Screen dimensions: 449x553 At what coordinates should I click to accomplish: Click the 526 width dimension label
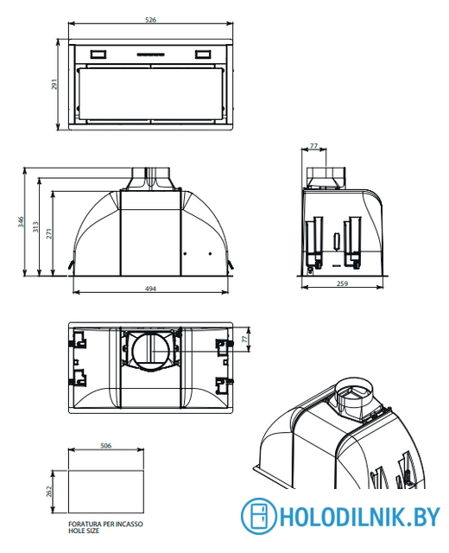(x=150, y=20)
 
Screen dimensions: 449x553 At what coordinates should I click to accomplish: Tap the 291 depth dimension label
(x=54, y=84)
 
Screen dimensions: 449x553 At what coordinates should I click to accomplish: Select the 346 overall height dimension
(x=21, y=221)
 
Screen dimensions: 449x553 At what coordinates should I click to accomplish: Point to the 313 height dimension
(x=35, y=226)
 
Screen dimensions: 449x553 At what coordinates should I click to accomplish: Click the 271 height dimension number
(x=49, y=233)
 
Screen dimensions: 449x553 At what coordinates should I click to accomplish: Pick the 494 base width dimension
(x=150, y=289)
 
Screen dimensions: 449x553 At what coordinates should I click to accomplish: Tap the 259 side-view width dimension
(x=342, y=283)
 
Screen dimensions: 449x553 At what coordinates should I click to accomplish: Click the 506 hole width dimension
(x=105, y=446)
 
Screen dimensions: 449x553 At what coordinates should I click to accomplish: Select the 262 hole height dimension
(x=49, y=492)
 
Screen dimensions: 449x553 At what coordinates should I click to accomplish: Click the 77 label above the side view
(x=313, y=146)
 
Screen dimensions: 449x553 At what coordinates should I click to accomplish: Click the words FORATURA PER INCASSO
(x=105, y=524)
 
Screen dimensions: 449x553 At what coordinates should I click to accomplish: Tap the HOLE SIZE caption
(x=84, y=531)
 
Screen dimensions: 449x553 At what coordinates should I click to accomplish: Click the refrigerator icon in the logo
(x=259, y=516)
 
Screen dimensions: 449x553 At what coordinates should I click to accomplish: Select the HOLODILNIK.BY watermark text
(x=360, y=517)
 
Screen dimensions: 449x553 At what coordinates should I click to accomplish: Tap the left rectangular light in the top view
(x=98, y=54)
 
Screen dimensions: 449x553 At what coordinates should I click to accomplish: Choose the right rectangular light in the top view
(x=203, y=54)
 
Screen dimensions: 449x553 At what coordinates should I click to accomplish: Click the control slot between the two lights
(x=150, y=54)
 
